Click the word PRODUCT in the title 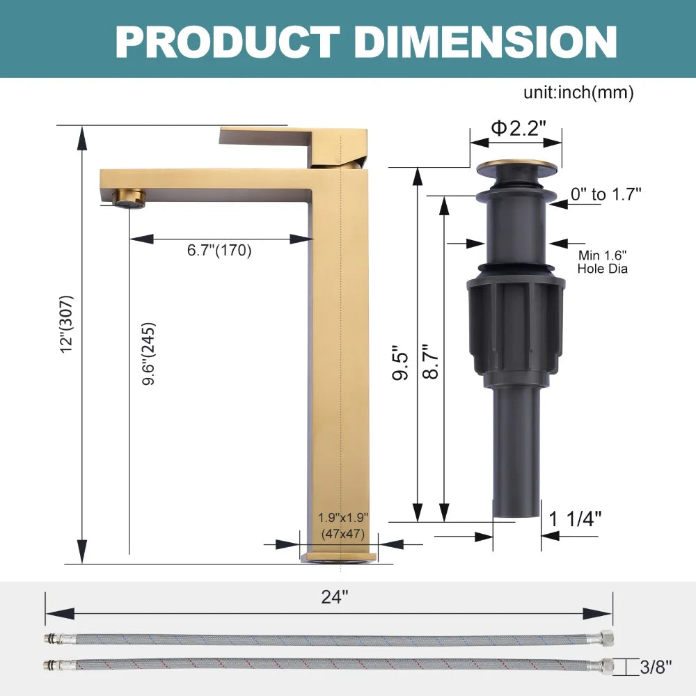(x=228, y=42)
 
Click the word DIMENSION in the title (x=485, y=42)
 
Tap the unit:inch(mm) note (x=578, y=93)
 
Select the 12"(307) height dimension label (x=67, y=324)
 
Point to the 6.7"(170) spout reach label (x=219, y=251)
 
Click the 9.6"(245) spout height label (x=149, y=354)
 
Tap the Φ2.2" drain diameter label (x=518, y=128)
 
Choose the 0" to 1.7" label (x=606, y=194)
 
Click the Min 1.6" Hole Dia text (x=602, y=262)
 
